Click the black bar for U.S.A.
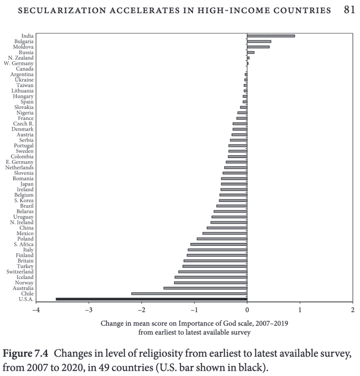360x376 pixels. (x=151, y=299)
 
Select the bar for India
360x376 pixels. (x=271, y=36)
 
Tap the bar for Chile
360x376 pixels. (x=189, y=294)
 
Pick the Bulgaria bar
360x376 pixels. (x=259, y=41)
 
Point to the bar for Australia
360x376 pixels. (x=205, y=288)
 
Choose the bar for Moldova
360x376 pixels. (x=258, y=47)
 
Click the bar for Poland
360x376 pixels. (x=222, y=239)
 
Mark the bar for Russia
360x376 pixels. (x=251, y=52)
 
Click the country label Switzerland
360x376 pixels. (x=20, y=272)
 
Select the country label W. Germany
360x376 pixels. (x=18, y=63)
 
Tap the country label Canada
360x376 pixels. (x=25, y=69)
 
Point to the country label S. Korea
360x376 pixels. (x=24, y=200)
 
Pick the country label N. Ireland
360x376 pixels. (x=22, y=222)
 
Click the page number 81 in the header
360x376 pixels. (x=349, y=10)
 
